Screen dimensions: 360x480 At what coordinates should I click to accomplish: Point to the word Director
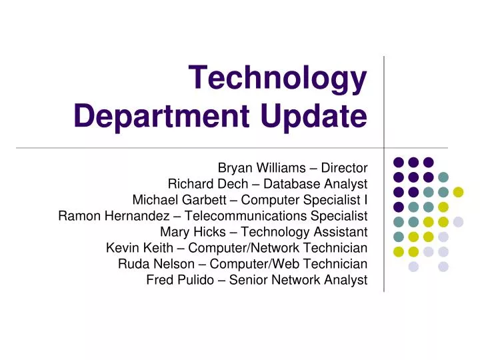pyautogui.click(x=342, y=167)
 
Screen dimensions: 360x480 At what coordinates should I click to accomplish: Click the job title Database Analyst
pyautogui.click(x=310, y=183)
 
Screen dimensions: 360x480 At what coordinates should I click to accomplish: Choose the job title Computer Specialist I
pyautogui.click(x=304, y=199)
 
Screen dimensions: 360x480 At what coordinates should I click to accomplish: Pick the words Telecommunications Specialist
pyautogui.click(x=276, y=215)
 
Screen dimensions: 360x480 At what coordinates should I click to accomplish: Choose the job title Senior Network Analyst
pyautogui.click(x=298, y=280)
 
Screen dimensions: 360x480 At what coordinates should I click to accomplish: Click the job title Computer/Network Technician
pyautogui.click(x=280, y=248)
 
